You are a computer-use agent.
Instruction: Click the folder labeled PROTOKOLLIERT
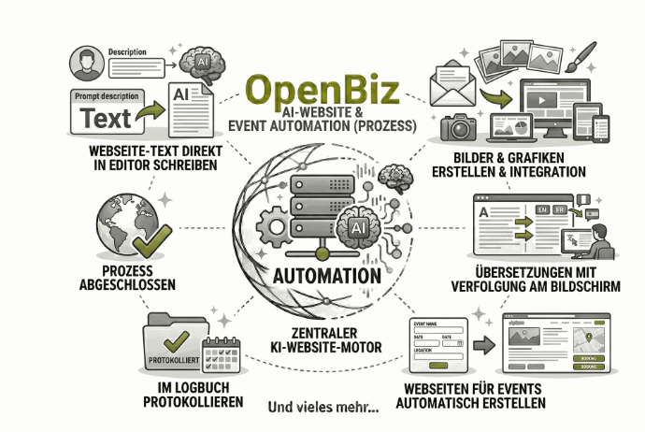(x=174, y=350)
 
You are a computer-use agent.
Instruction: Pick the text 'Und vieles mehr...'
(x=322, y=407)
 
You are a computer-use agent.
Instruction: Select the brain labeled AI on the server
(x=361, y=230)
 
